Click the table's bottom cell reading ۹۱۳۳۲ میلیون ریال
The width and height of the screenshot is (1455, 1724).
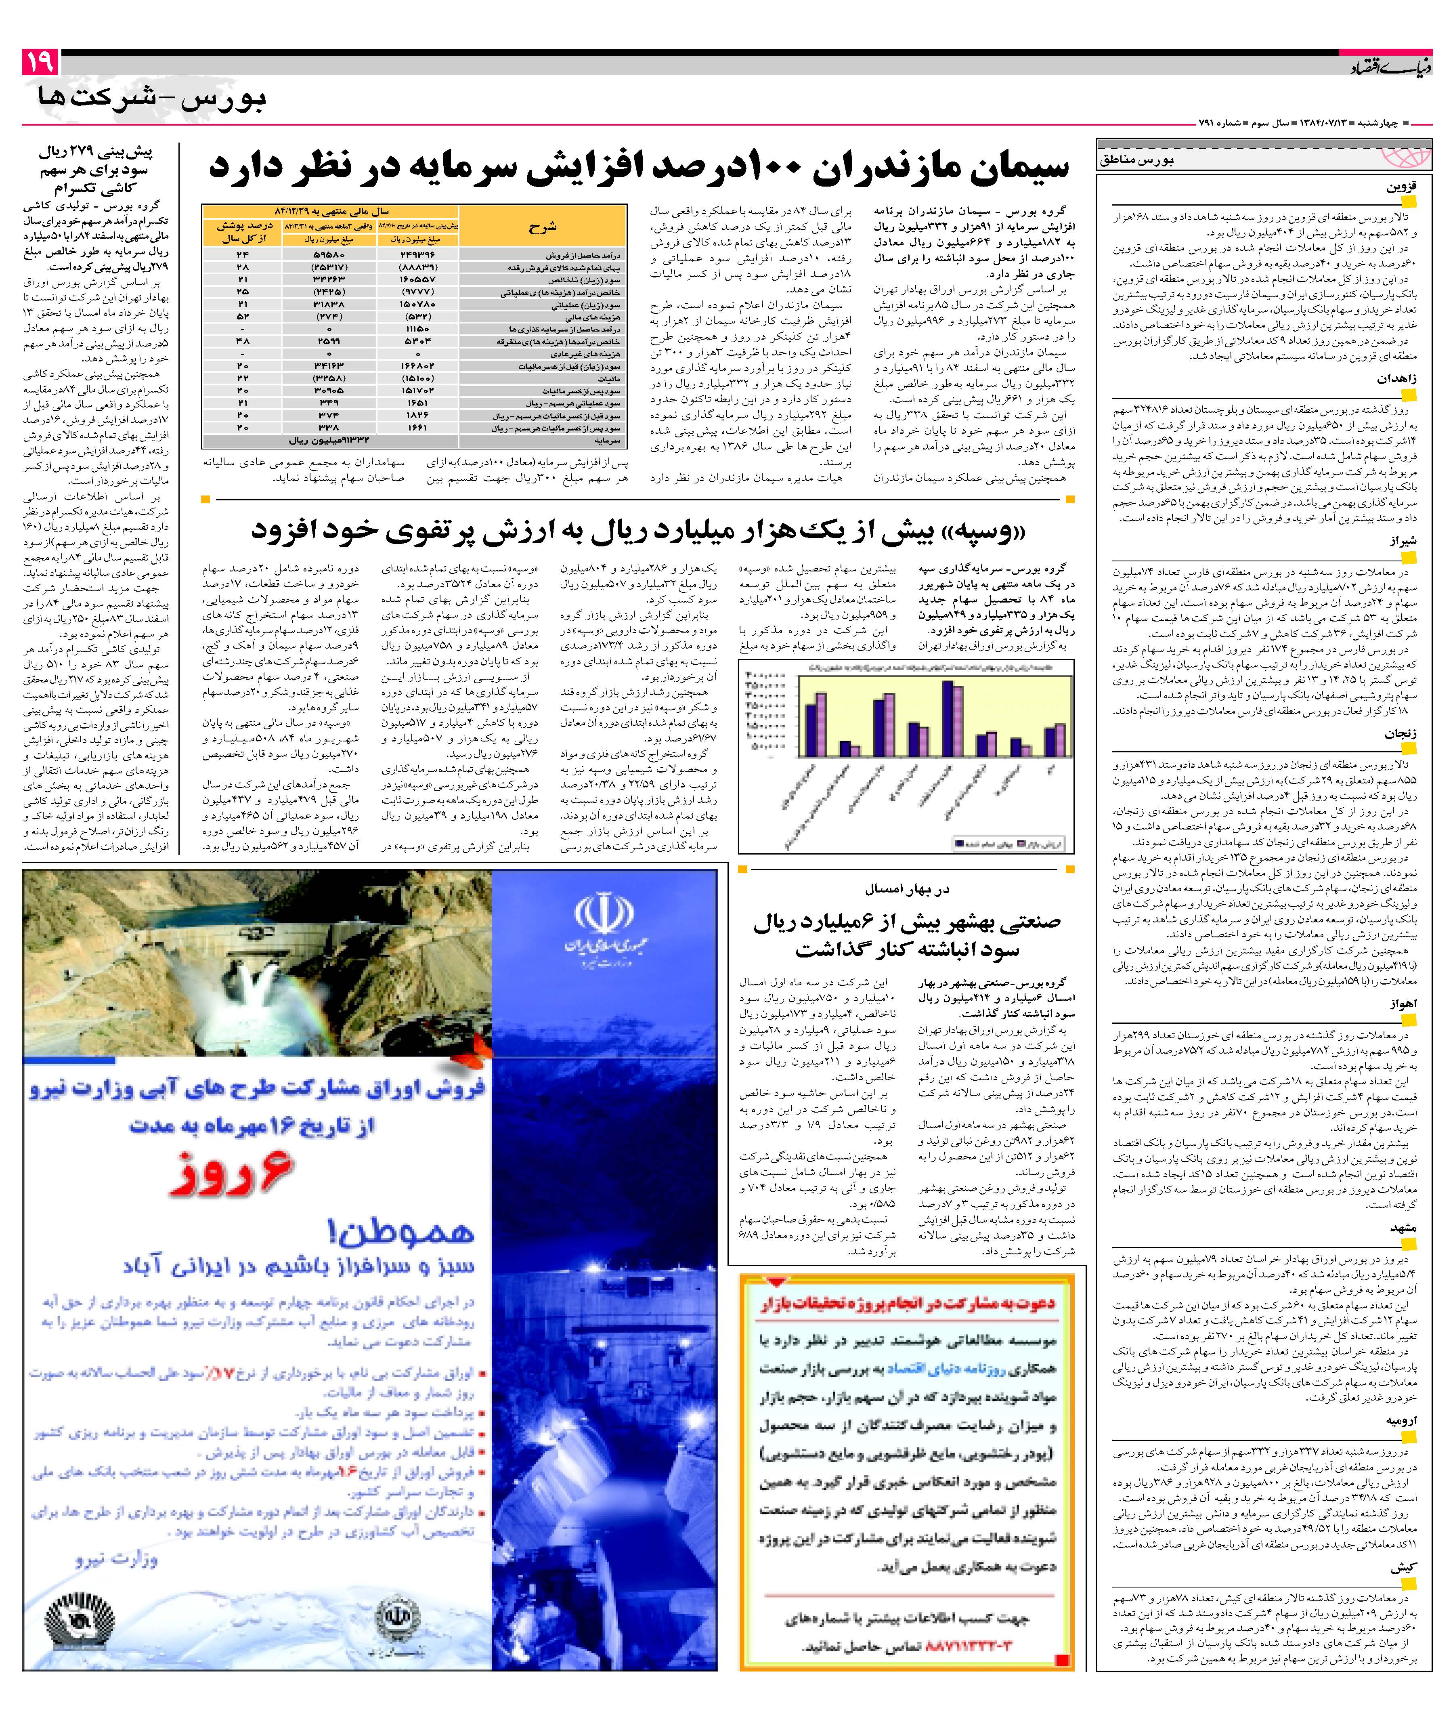click(330, 441)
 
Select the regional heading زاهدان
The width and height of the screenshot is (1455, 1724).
click(1396, 379)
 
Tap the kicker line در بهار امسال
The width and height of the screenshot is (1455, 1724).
click(907, 888)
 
